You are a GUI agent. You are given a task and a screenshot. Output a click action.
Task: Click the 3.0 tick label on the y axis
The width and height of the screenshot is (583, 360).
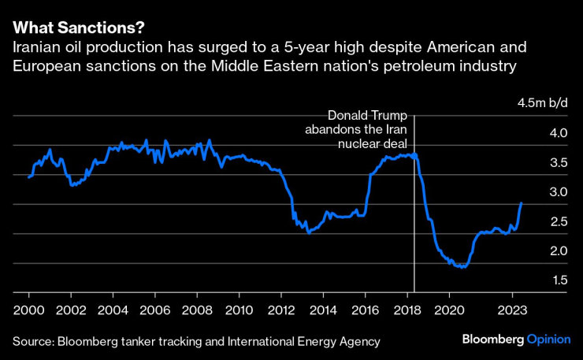click(x=537, y=192)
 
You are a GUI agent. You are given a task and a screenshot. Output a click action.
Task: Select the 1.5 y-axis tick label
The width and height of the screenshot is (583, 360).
click(x=537, y=280)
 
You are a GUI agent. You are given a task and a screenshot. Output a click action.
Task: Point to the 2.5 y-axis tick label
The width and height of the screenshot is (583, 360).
click(x=537, y=222)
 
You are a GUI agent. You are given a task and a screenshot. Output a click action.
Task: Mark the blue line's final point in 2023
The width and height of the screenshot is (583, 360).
click(x=522, y=202)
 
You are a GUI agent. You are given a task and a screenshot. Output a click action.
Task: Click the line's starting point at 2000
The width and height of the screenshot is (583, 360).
click(x=28, y=177)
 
